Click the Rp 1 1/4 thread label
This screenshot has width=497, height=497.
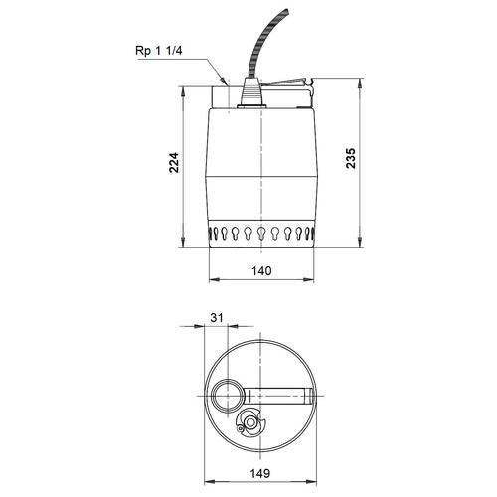(x=159, y=51)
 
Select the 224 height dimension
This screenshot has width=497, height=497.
(x=174, y=162)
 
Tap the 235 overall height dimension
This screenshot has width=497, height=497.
(x=350, y=158)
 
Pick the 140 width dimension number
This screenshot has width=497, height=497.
(x=261, y=271)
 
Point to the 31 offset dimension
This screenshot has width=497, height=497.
(x=217, y=318)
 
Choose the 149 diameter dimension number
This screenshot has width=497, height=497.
(x=260, y=473)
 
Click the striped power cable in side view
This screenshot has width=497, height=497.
(x=267, y=44)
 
